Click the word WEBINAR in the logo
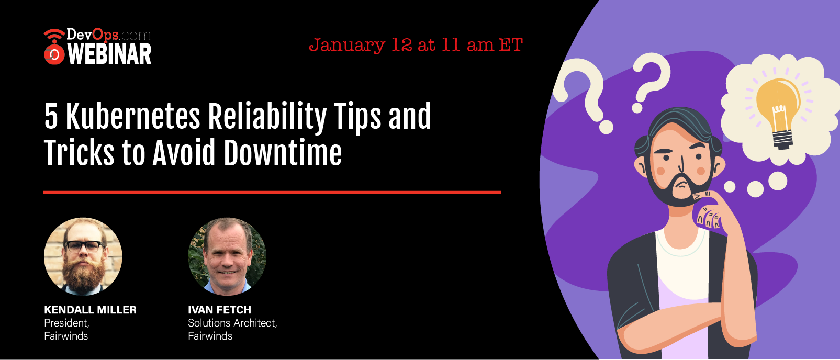tap(109, 54)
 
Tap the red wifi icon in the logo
tap(54, 36)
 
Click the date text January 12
tap(361, 46)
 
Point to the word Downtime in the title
tap(283, 152)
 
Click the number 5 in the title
tap(51, 117)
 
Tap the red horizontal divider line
tap(272, 193)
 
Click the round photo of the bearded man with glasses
tap(83, 256)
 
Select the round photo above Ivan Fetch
tap(227, 256)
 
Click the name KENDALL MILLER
tap(91, 310)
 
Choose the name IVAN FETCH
tap(219, 310)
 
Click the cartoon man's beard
tap(680, 187)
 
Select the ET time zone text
tap(510, 46)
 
